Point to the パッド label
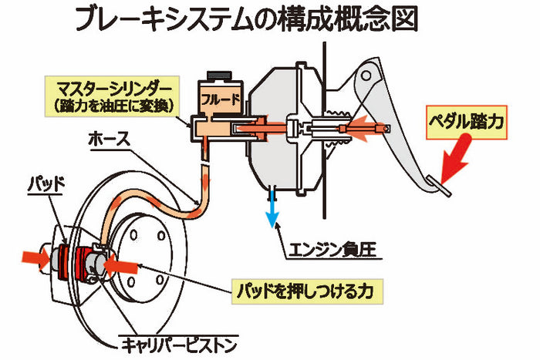point(45,185)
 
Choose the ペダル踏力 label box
point(468,121)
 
